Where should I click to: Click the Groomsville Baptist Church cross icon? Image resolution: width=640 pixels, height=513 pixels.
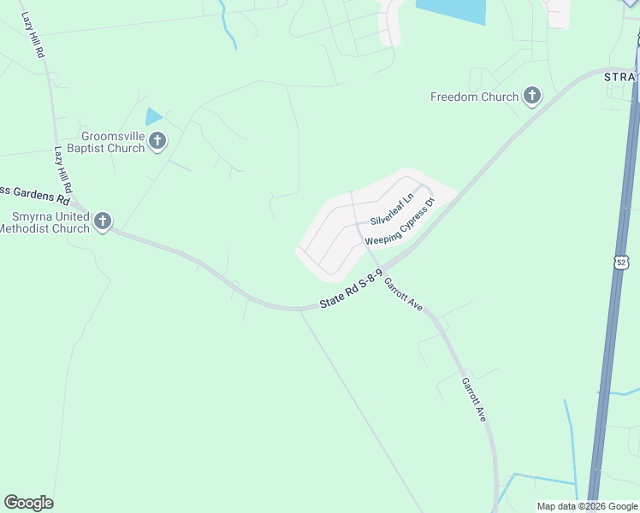click(x=157, y=141)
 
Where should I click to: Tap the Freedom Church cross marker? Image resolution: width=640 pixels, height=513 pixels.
click(x=532, y=96)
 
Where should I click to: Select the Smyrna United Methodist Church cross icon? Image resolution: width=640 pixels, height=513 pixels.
click(x=102, y=221)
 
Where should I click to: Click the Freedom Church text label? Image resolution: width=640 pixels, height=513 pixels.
click(x=474, y=97)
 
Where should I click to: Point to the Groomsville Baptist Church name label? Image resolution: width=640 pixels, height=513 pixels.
click(x=113, y=142)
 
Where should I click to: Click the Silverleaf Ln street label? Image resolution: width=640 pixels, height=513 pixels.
click(x=392, y=209)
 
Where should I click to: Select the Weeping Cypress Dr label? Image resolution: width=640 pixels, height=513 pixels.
click(x=400, y=222)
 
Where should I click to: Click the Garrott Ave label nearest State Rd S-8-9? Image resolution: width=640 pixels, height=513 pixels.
click(x=404, y=295)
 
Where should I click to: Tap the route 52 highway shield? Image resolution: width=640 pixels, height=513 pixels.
click(x=620, y=262)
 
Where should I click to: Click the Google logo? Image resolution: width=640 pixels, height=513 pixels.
click(x=28, y=503)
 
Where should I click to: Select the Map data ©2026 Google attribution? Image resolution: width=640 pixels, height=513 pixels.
click(x=587, y=506)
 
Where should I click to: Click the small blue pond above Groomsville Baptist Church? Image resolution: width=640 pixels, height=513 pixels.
click(x=154, y=116)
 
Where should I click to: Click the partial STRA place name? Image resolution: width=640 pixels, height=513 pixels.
click(x=621, y=78)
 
